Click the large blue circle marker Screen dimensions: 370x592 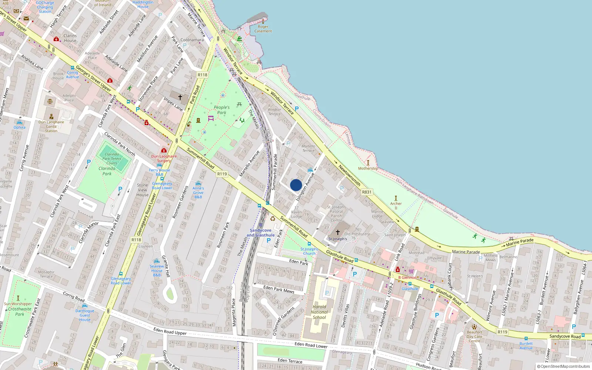pyautogui.click(x=296, y=185)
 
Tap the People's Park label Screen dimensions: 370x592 pyautogui.click(x=222, y=110)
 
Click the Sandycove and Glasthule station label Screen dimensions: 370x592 pyautogui.click(x=260, y=233)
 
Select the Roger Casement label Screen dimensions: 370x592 pyautogui.click(x=263, y=29)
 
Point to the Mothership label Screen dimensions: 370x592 pyautogui.click(x=368, y=168)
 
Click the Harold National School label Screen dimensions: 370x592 pyautogui.click(x=319, y=312)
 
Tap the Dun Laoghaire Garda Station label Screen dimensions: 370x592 pyautogui.click(x=51, y=126)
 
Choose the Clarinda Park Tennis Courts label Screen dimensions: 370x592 pyautogui.click(x=112, y=159)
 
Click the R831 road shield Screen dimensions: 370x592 pyautogui.click(x=367, y=192)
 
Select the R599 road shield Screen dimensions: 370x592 pyautogui.click(x=222, y=174)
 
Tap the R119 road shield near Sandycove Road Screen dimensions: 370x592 pyautogui.click(x=502, y=332)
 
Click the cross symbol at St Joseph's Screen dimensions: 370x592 pyautogui.click(x=338, y=232)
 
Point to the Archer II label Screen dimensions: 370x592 pyautogui.click(x=396, y=206)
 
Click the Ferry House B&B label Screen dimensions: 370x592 pyautogui.click(x=159, y=172)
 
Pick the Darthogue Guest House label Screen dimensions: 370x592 pyautogui.click(x=85, y=315)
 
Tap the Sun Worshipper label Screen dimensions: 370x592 pyautogui.click(x=18, y=304)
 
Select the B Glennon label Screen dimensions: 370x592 pyautogui.click(x=407, y=277)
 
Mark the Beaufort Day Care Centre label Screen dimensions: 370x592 pyautogui.click(x=474, y=336)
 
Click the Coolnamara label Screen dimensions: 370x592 pyautogui.click(x=192, y=40)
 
